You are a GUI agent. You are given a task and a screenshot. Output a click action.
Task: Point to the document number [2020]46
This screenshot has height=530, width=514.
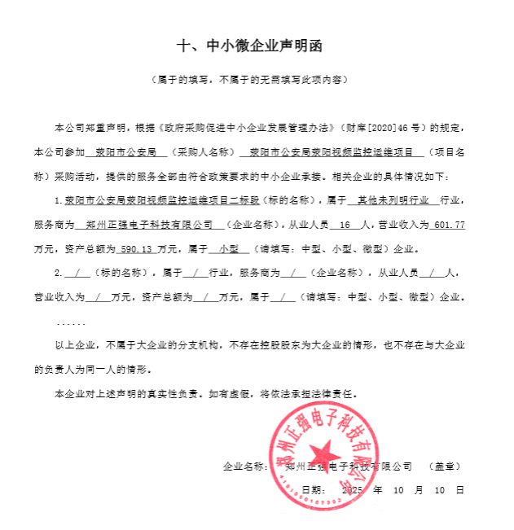pyautogui.click(x=367, y=129)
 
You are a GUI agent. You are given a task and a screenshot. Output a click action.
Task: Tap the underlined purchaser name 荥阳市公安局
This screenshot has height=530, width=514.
pyautogui.click(x=126, y=152)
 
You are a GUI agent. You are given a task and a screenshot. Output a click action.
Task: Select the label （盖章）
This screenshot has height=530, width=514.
pyautogui.click(x=443, y=467)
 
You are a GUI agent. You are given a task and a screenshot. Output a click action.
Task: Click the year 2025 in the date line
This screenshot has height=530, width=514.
pyautogui.click(x=352, y=491)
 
